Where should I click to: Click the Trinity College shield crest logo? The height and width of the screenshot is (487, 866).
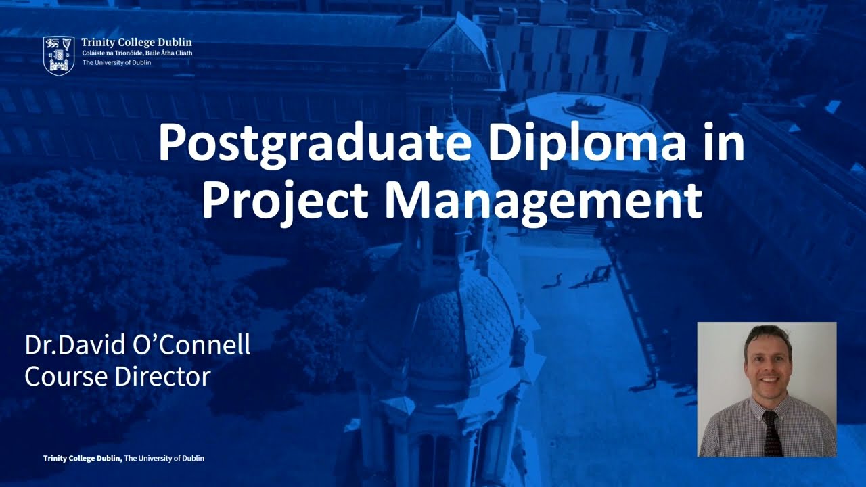click(59, 55)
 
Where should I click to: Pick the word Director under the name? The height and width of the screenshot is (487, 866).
click(163, 376)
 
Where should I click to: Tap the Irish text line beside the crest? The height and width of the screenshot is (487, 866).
click(137, 53)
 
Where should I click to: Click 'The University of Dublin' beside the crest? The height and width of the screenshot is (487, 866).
click(116, 62)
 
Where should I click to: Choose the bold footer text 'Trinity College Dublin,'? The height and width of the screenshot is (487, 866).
click(83, 459)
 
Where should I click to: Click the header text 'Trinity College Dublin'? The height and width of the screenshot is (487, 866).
click(137, 42)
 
